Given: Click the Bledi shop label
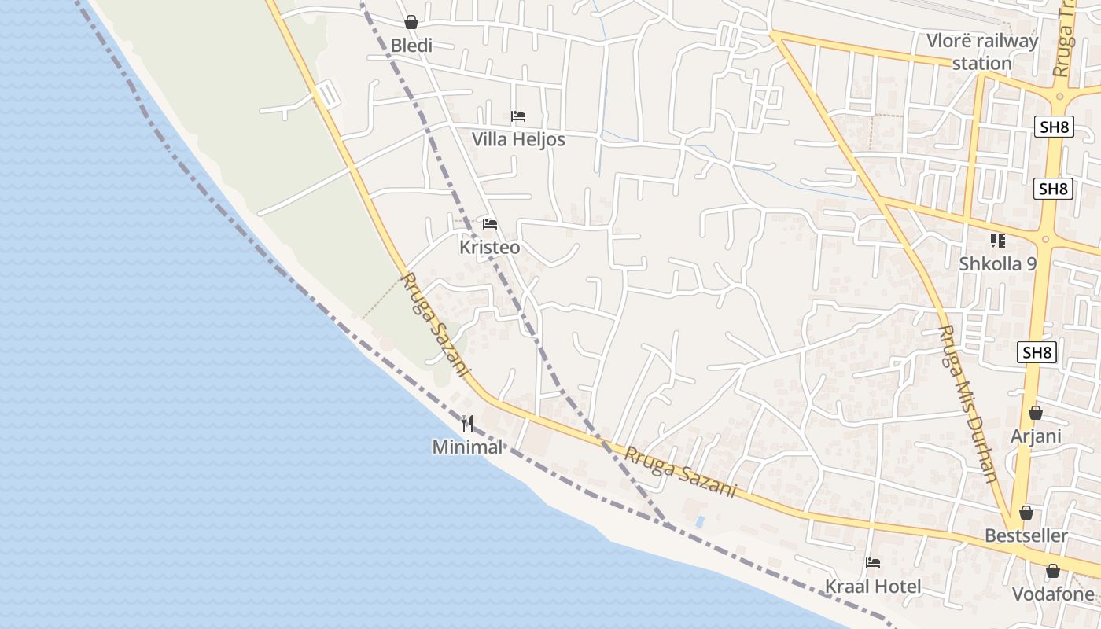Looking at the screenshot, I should pyautogui.click(x=411, y=46).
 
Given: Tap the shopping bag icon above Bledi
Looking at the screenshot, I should pyautogui.click(x=411, y=22).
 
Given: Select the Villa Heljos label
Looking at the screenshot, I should pyautogui.click(x=518, y=139).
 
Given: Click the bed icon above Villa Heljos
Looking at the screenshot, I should pyautogui.click(x=518, y=116).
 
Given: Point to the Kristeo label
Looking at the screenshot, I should pyautogui.click(x=489, y=247).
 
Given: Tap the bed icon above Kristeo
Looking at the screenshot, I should pyautogui.click(x=490, y=224).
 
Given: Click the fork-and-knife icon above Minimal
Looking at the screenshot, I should pyautogui.click(x=468, y=425).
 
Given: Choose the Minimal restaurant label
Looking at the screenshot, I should pyautogui.click(x=467, y=447).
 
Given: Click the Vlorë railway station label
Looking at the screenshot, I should pyautogui.click(x=982, y=52).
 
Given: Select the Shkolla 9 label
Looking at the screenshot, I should pyautogui.click(x=997, y=263).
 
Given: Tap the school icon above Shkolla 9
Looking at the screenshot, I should pyautogui.click(x=998, y=240).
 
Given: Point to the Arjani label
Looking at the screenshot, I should pyautogui.click(x=1036, y=436).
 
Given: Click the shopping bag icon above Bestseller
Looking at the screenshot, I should pyautogui.click(x=1026, y=513).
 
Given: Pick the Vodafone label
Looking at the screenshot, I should pyautogui.click(x=1052, y=594).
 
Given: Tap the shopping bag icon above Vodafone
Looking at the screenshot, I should pyautogui.click(x=1053, y=571).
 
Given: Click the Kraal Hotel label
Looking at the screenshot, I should pyautogui.click(x=872, y=587).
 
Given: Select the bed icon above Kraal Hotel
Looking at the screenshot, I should pyautogui.click(x=873, y=563).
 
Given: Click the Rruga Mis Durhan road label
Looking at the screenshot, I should pyautogui.click(x=968, y=403).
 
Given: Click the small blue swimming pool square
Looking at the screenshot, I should pyautogui.click(x=700, y=521).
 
